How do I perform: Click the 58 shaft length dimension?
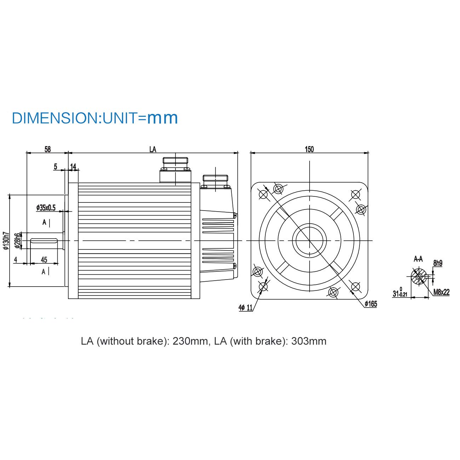coord(47,149)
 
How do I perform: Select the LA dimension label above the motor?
coord(153,149)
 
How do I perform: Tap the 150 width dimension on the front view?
coord(309,149)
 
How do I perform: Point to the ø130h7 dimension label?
coord(5,241)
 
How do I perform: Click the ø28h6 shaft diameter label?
coord(17,241)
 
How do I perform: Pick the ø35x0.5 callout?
coord(46,208)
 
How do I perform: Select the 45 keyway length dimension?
coord(44,260)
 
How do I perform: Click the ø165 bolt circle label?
coord(371,304)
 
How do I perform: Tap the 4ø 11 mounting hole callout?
coord(246,308)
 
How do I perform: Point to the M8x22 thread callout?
coord(441,292)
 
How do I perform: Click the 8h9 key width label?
coord(438,263)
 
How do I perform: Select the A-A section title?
coord(418,259)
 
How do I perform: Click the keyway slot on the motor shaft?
coord(44,241)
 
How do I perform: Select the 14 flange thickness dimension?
coord(73,166)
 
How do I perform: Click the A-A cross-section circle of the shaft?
coord(419,276)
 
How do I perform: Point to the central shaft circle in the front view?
coord(310,241)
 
